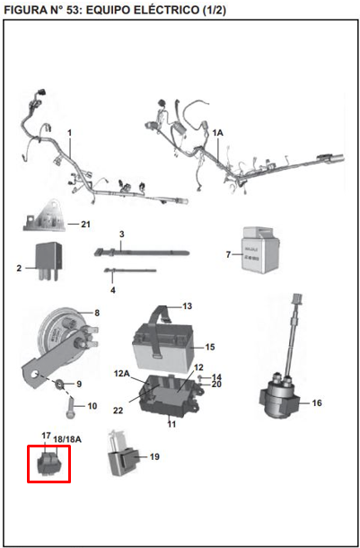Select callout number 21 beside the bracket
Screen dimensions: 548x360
(x=86, y=224)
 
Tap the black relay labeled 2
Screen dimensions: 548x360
(x=48, y=257)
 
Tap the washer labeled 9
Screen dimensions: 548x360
(x=59, y=384)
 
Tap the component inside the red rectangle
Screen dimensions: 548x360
(x=48, y=462)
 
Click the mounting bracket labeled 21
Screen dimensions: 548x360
(x=50, y=214)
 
